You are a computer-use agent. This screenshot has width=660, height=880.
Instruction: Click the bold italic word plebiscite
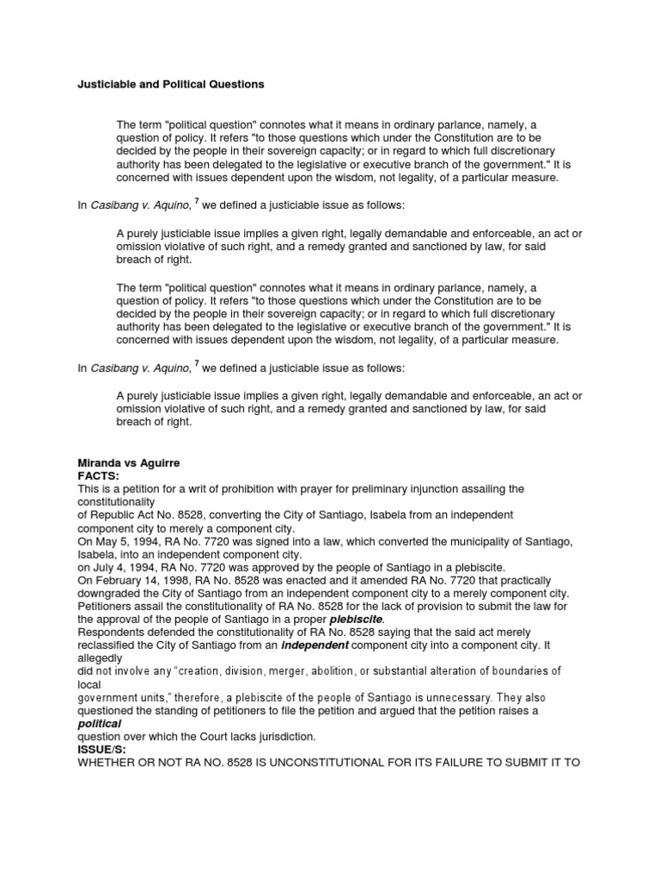(357, 619)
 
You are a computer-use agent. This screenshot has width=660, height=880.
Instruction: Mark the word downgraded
(113, 593)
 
